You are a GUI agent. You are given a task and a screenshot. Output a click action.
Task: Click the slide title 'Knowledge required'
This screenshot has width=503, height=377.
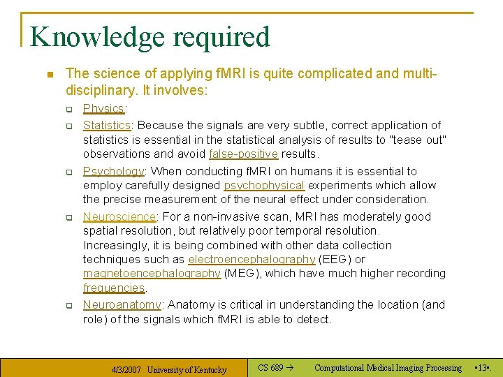(150, 37)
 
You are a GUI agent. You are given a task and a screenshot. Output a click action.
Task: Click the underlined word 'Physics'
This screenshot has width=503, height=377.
(103, 108)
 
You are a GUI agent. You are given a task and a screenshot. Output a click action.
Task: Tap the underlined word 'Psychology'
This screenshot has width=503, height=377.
(113, 171)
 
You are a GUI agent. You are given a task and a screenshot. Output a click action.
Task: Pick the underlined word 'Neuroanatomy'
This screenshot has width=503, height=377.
(122, 304)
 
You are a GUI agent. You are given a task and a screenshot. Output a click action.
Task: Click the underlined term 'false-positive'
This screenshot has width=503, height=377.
(243, 154)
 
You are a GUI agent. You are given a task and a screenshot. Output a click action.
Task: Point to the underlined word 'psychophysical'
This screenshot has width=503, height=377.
(264, 185)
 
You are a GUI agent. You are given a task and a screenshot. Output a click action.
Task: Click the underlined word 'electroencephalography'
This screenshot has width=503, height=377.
(251, 259)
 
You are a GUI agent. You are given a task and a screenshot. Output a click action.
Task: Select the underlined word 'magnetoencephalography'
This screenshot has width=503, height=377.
(152, 273)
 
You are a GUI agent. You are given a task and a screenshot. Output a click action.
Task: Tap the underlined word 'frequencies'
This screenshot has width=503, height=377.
(114, 288)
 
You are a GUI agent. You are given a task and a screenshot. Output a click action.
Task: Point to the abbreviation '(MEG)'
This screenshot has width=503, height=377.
(241, 273)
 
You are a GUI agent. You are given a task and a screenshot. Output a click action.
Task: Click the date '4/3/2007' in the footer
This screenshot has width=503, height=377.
(127, 369)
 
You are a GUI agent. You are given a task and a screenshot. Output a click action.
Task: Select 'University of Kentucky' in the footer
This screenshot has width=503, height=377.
(187, 369)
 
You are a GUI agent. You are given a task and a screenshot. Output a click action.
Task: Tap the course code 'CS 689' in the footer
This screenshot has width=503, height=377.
(270, 368)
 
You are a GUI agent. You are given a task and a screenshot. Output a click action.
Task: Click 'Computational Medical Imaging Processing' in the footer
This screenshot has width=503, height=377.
(388, 368)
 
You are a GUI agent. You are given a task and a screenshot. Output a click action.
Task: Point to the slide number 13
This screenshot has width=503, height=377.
(482, 368)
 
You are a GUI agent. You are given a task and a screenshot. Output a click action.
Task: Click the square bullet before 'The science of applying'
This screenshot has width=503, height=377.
(48, 73)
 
